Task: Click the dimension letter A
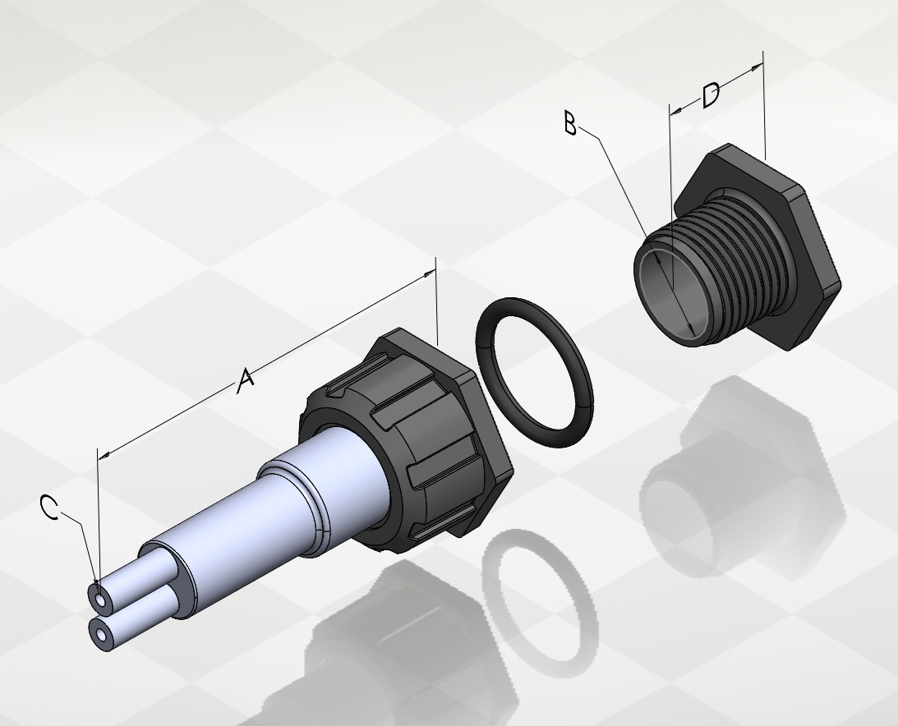(246, 381)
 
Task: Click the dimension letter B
(570, 123)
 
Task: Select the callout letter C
(50, 508)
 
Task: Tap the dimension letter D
(711, 95)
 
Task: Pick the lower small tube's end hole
(102, 636)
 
